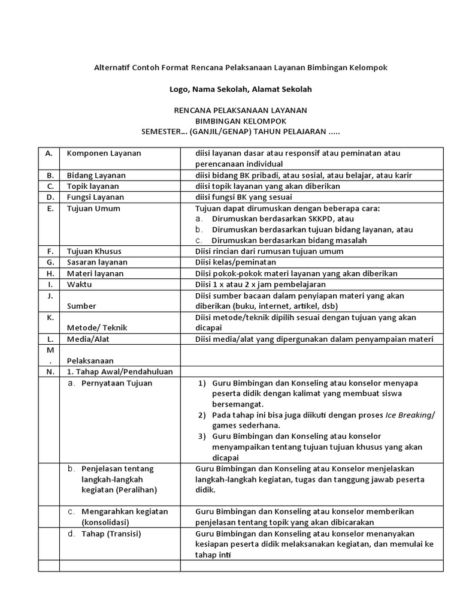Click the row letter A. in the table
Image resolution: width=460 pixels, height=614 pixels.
(49, 153)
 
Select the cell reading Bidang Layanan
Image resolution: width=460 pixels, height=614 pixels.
(96, 175)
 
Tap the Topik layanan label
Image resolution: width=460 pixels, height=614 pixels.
(92, 186)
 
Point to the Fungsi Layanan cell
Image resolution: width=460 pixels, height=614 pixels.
(95, 197)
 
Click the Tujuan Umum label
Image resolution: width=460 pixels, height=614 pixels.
(93, 208)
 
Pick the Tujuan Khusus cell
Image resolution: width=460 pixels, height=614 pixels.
(93, 251)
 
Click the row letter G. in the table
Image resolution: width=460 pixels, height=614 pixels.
(49, 262)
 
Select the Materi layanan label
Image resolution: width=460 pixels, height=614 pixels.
(95, 273)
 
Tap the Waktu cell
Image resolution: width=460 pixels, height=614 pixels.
(79, 284)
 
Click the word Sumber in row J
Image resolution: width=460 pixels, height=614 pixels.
(81, 306)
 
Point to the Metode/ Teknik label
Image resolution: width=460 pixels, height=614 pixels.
(96, 328)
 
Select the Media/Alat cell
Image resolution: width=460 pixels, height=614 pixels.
(87, 339)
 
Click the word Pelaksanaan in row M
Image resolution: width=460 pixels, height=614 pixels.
(90, 361)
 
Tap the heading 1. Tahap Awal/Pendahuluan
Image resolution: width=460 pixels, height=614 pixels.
(119, 372)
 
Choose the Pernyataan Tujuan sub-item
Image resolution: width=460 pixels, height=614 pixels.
(116, 383)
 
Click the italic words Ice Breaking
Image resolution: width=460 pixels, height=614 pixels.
(408, 414)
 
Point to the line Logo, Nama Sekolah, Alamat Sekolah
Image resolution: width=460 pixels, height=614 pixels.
(241, 89)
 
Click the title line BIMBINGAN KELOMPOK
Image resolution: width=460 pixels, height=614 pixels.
(240, 121)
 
